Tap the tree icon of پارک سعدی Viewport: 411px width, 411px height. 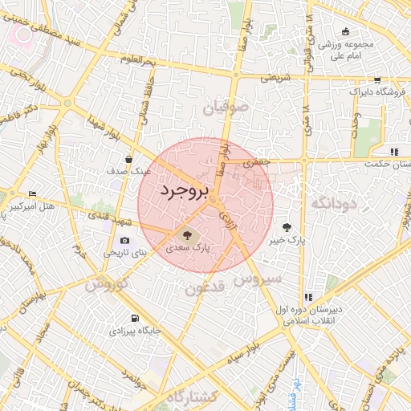point(188,235)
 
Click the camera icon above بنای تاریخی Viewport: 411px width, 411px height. point(124,241)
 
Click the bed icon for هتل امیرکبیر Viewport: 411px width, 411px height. point(32,194)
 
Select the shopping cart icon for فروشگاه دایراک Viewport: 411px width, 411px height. point(377,80)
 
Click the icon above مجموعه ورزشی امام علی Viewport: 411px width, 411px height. point(345,32)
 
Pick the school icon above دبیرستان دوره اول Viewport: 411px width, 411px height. point(308,297)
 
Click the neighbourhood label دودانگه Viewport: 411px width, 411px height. point(332,204)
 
